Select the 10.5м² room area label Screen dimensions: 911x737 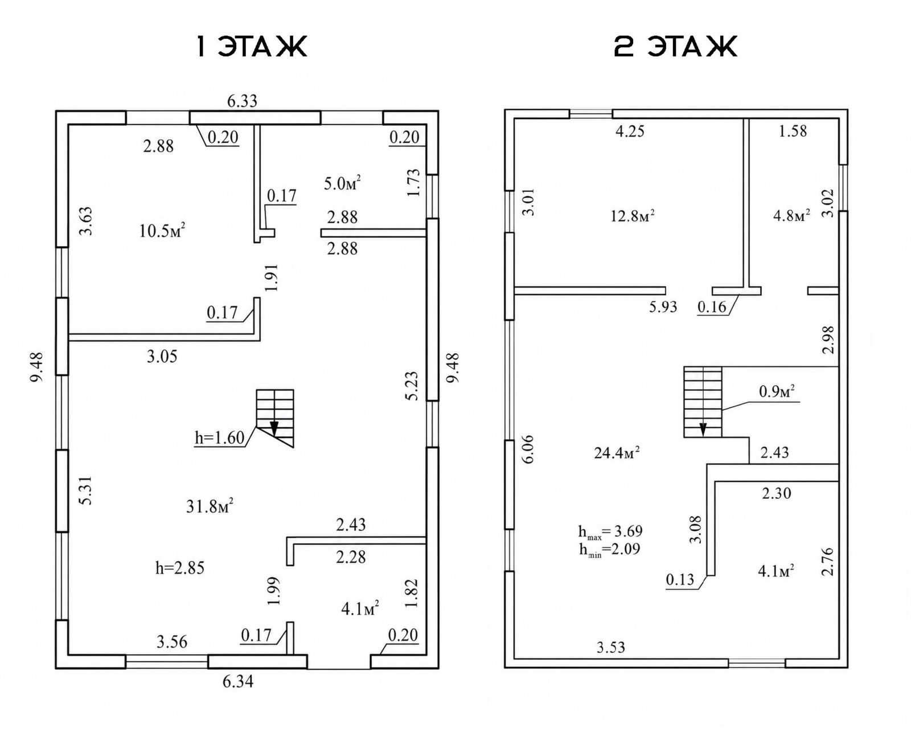(162, 231)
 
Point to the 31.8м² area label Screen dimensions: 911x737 (210, 506)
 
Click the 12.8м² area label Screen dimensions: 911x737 (633, 215)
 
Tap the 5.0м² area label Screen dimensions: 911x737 (342, 183)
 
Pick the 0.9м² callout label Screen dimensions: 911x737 (777, 391)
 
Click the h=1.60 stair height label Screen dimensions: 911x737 (219, 438)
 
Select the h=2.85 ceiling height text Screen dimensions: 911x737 (180, 568)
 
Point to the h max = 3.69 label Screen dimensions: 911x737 (610, 532)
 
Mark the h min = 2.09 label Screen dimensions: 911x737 (609, 549)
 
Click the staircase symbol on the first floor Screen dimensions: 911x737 (275, 418)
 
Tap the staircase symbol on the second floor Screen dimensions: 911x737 (703, 402)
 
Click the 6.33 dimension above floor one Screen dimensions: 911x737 (242, 101)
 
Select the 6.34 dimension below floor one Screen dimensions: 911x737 (238, 681)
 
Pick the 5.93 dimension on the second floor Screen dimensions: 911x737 (663, 306)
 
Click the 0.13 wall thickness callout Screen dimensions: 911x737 (680, 579)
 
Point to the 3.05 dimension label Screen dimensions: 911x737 (162, 356)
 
